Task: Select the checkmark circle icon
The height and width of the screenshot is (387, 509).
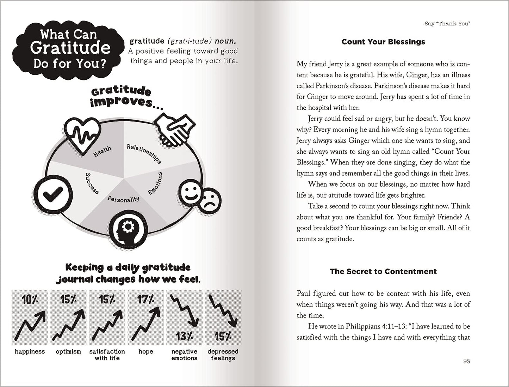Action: click(52, 193)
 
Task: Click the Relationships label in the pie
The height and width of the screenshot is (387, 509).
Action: click(144, 153)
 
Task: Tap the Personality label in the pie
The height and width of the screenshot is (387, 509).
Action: click(123, 199)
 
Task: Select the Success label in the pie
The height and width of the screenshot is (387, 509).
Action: click(92, 183)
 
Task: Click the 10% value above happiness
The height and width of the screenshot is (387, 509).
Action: click(30, 300)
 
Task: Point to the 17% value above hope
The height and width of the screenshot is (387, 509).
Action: click(145, 300)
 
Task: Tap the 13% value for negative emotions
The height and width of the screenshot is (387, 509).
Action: click(184, 336)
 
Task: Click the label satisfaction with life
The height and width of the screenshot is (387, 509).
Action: click(107, 355)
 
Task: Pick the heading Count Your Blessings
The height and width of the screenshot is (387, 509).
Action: click(383, 42)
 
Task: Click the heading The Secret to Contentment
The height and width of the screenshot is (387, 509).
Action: click(383, 271)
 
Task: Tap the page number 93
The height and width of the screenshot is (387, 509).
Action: click(467, 361)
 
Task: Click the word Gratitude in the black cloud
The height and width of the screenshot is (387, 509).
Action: click(70, 48)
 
